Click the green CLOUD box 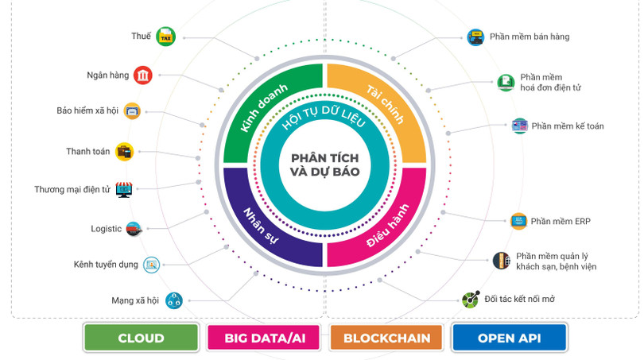tap(141, 338)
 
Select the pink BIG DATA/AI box tap(265, 338)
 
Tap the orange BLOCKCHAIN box tap(387, 338)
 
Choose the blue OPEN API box tap(509, 338)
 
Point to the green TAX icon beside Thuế tap(165, 37)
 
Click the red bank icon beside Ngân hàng tap(143, 75)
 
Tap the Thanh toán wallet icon tap(125, 151)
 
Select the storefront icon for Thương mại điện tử tap(124, 189)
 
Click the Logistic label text tap(106, 229)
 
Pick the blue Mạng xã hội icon tap(173, 300)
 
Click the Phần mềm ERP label tap(561, 221)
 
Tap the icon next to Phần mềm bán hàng tap(475, 37)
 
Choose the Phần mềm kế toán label tap(568, 126)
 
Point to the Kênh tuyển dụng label tap(106, 264)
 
